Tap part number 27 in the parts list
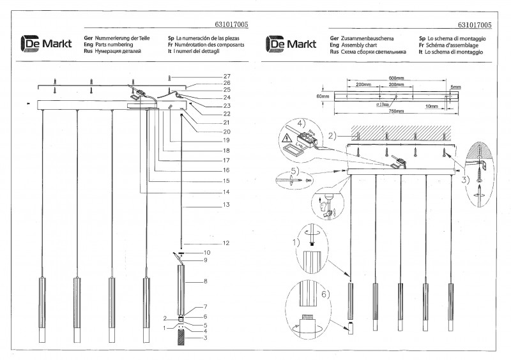click(227, 77)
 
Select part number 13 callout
click(226, 205)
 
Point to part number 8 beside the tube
click(206, 281)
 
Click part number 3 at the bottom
click(206, 338)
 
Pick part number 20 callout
click(226, 132)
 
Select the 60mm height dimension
click(322, 96)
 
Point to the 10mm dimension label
click(432, 107)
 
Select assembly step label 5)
click(293, 172)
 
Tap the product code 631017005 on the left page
click(228, 24)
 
